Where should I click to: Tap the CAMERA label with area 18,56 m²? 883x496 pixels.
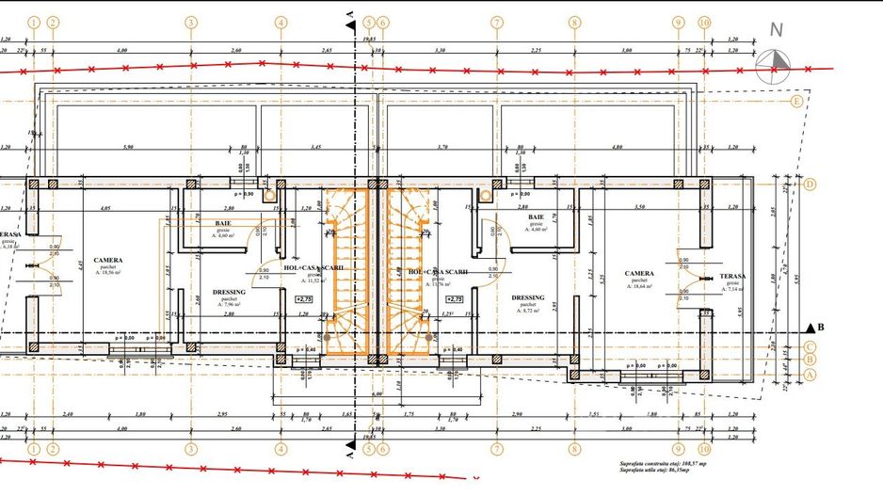[108, 261]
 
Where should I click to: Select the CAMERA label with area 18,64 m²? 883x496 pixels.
[639, 274]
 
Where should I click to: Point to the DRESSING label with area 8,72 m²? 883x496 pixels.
[527, 297]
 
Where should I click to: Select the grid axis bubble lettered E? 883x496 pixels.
[796, 102]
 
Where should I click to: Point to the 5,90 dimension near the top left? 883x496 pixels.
[129, 147]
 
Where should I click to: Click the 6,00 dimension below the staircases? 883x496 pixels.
[377, 394]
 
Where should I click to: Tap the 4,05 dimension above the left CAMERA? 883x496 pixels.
[105, 206]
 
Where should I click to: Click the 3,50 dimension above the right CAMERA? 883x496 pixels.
[639, 206]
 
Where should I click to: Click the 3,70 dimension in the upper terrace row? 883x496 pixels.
[442, 147]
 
